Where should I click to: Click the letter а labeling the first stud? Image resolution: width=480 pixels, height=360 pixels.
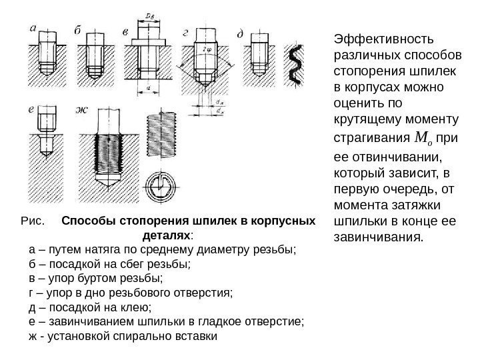pyautogui.click(x=34, y=28)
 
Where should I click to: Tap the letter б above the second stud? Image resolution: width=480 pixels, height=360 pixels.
pyautogui.click(x=79, y=30)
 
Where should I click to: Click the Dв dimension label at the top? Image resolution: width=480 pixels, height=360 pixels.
pyautogui.click(x=151, y=15)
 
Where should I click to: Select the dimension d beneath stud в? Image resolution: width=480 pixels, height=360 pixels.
pyautogui.click(x=151, y=87)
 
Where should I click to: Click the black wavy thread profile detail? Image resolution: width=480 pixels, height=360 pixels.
pyautogui.click(x=295, y=65)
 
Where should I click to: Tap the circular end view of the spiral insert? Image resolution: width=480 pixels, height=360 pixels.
pyautogui.click(x=162, y=186)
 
